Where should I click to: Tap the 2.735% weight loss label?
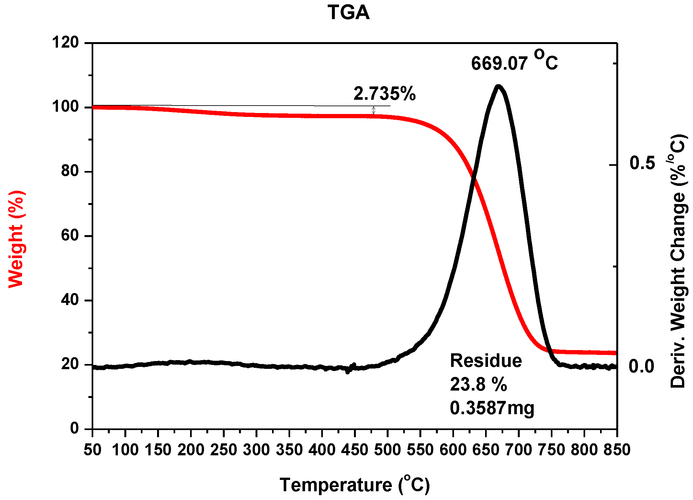(x=384, y=94)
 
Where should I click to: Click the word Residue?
(x=486, y=361)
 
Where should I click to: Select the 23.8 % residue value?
(x=478, y=384)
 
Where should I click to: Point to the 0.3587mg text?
(x=492, y=408)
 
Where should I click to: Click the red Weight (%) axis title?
(x=16, y=239)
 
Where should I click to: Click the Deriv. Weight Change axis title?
(x=677, y=261)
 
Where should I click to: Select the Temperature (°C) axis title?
(x=355, y=485)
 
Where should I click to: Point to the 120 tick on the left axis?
(x=65, y=42)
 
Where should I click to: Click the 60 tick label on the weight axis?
(x=70, y=235)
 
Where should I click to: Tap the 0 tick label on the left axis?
(x=74, y=428)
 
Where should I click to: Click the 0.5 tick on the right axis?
(x=642, y=163)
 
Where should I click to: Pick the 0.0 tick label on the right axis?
(x=642, y=366)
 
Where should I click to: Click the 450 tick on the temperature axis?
(x=355, y=450)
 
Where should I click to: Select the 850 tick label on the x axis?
(x=617, y=450)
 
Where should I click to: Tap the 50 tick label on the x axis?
(x=93, y=450)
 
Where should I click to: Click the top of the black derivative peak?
(x=499, y=87)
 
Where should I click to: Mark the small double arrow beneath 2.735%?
(x=373, y=110)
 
